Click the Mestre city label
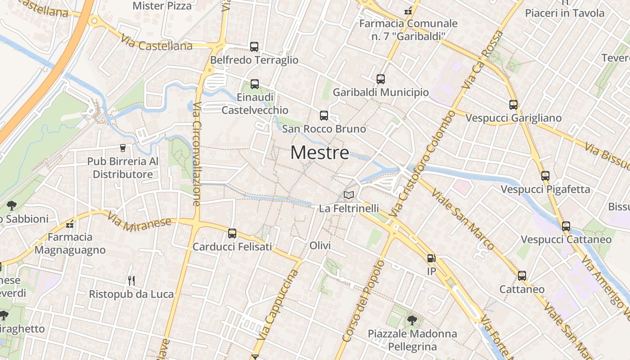coord(319,153)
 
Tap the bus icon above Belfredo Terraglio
coord(254,46)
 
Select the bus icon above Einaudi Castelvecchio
coord(255,84)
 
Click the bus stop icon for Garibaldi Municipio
coord(381,79)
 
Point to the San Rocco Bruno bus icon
coord(324,116)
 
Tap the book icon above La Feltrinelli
coord(349,195)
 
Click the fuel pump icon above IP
coord(431,258)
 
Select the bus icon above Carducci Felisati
coord(232,233)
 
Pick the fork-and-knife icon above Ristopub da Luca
coord(131,281)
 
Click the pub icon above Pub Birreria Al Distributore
coord(122,148)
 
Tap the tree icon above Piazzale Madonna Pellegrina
coord(411,320)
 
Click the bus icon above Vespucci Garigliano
coord(513,105)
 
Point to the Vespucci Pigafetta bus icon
coord(545,176)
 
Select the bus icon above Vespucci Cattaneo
coord(566,226)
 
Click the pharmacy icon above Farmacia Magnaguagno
coord(70,224)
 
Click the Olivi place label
coord(320,246)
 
